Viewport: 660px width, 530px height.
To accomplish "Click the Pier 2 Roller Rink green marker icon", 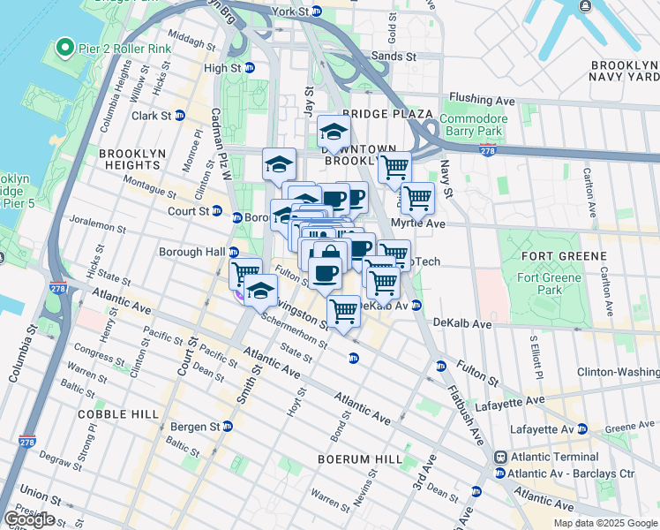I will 64,47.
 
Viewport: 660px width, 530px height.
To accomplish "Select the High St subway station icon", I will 249,68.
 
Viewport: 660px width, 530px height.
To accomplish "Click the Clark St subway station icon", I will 180,116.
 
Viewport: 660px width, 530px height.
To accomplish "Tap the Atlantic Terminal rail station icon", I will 500,458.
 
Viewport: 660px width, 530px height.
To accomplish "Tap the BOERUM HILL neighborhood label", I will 362,459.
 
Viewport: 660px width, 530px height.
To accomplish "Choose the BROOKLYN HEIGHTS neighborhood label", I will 132,159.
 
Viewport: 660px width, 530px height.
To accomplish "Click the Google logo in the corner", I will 29,519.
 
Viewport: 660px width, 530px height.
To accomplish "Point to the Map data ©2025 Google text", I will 604,523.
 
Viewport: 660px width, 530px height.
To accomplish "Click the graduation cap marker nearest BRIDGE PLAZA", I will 334,133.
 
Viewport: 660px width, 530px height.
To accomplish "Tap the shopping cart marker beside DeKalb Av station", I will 343,310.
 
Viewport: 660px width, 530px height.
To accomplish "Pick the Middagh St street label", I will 191,40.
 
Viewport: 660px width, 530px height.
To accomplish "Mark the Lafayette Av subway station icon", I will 581,429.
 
